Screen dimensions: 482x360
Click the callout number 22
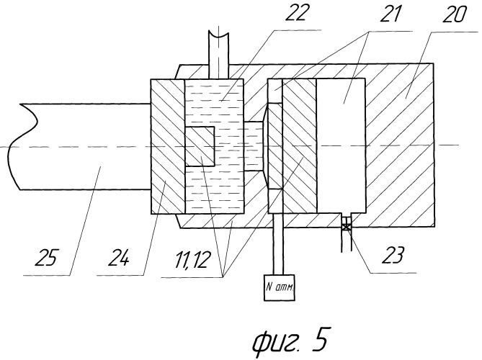[x=295, y=13]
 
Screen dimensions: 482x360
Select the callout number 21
[x=390, y=14]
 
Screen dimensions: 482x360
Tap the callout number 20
[x=453, y=14]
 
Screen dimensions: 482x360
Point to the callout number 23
[x=393, y=255]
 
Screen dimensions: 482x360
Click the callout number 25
[x=46, y=257]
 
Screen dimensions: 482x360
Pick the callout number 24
[x=119, y=257]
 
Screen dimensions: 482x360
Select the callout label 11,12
[x=193, y=259]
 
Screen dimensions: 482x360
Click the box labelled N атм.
[x=280, y=287]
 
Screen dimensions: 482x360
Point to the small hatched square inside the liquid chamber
[x=199, y=146]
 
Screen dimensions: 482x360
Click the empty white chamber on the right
[x=341, y=145]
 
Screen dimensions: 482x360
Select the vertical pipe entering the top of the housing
[x=218, y=55]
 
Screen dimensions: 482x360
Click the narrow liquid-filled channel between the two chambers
[x=254, y=146]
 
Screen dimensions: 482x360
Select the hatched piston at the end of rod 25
[x=168, y=146]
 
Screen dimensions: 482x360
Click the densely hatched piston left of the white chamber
[x=300, y=145]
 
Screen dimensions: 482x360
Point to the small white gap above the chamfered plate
[x=275, y=91]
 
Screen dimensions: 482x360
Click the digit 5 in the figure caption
[x=320, y=338]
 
